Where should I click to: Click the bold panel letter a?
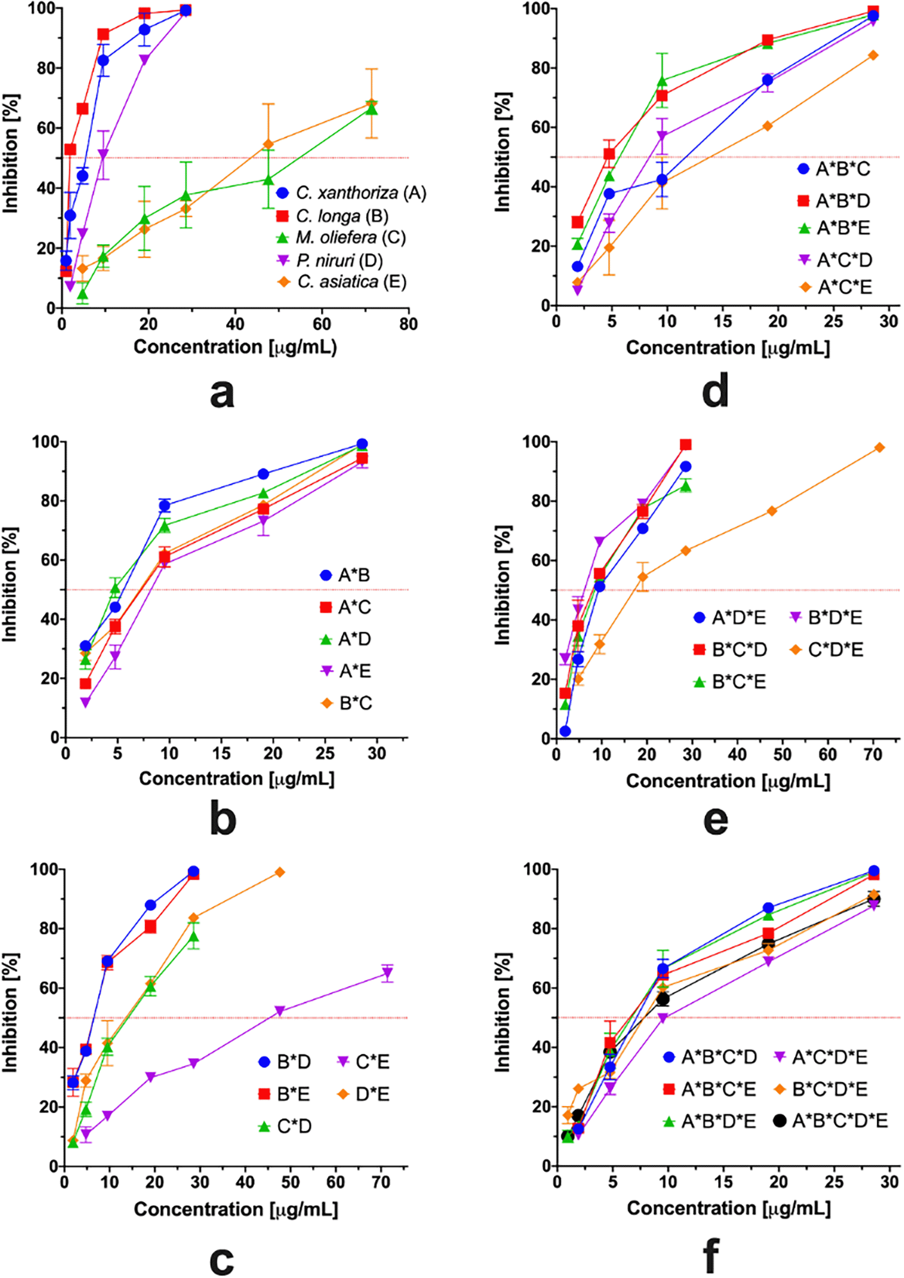[222, 393]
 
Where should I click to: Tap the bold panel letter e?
[715, 820]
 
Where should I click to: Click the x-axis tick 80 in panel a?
[408, 324]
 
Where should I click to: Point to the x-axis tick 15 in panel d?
[723, 321]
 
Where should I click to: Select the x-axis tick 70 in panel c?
[381, 1182]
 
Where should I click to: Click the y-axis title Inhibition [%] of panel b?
[11, 584]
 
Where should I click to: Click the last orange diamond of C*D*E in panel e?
[879, 447]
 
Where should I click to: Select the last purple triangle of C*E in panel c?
[387, 974]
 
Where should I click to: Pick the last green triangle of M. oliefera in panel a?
[371, 109]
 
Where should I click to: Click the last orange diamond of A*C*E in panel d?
[873, 55]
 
